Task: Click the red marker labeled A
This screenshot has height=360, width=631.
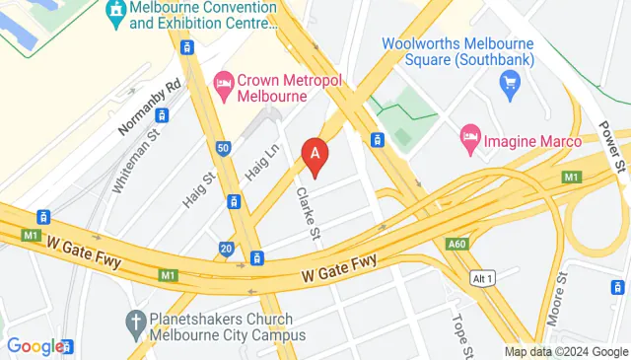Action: (315, 156)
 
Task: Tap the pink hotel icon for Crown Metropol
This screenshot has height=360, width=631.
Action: (223, 80)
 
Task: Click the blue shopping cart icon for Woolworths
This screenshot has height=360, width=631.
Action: (510, 87)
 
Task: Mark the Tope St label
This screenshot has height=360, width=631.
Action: (462, 335)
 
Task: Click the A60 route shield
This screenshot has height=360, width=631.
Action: (455, 244)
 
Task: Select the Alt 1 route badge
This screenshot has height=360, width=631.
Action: (482, 275)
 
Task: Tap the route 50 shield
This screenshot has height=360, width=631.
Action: (224, 148)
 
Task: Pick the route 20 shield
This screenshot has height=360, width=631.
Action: (227, 249)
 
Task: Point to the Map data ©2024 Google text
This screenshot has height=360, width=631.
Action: (566, 352)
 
